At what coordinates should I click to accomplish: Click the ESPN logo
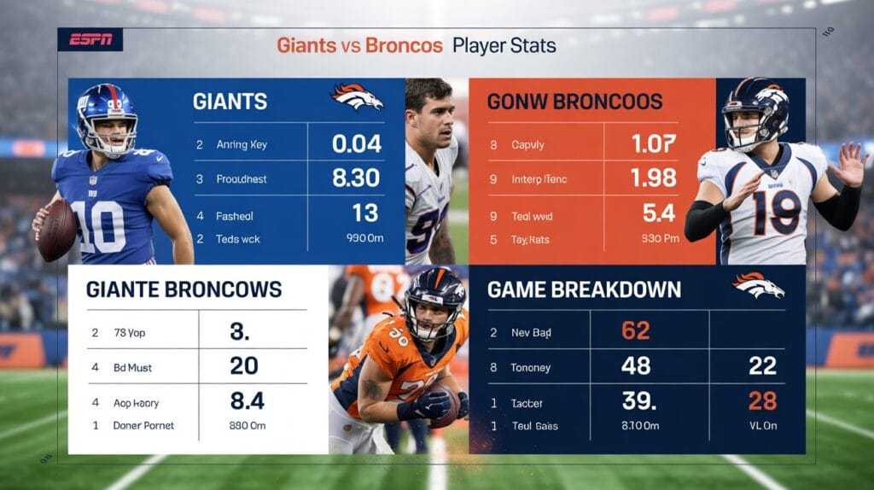[x=90, y=39]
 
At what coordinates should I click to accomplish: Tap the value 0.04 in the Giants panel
[x=356, y=143]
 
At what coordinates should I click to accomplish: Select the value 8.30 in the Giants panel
[x=356, y=178]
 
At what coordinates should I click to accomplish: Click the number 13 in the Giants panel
[x=365, y=213]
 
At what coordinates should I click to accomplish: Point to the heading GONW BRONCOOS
[x=574, y=102]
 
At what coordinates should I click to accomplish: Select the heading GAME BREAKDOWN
[x=584, y=289]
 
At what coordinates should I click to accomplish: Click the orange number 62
[x=635, y=330]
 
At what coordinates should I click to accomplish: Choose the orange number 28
[x=762, y=400]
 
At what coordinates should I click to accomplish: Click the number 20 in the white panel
[x=244, y=366]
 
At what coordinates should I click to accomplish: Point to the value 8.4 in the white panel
[x=247, y=400]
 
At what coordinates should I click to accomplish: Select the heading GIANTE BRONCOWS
[x=184, y=289]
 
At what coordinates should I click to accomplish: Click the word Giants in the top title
[x=306, y=44]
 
